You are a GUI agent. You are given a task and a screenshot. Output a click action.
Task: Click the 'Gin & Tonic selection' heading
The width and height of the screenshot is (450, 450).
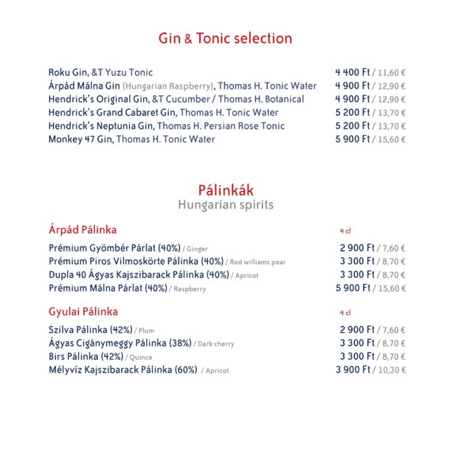[225, 38]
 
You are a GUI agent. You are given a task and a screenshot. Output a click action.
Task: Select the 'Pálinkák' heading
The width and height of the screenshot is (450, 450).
[225, 190]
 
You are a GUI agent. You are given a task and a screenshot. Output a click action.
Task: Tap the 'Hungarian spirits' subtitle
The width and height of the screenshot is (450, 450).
[225, 206]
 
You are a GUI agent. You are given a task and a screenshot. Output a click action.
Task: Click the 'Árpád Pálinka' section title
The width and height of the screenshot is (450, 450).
[83, 230]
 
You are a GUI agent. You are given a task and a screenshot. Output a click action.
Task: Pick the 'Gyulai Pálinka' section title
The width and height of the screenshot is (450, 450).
[83, 312]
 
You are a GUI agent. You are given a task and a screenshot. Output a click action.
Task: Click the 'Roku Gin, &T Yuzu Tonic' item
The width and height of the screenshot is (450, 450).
[101, 72]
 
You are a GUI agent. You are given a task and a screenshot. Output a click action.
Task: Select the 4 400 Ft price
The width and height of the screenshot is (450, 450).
[353, 72]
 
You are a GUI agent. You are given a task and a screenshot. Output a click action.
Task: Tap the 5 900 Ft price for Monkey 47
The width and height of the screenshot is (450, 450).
[353, 139]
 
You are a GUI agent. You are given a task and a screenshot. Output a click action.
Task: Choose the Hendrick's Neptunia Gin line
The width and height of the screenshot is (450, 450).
[166, 125]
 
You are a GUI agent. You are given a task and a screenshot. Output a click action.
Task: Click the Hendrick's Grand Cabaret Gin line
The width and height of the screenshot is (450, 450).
[163, 112]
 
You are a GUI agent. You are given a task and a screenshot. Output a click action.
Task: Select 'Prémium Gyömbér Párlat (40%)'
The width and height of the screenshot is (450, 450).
[114, 249]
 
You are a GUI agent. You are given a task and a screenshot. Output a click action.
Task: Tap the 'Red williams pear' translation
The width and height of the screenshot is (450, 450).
[257, 263]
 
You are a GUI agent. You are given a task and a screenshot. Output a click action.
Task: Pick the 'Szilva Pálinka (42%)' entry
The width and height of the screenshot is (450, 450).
[91, 330]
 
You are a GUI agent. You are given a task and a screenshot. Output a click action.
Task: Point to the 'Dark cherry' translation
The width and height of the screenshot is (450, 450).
[216, 344]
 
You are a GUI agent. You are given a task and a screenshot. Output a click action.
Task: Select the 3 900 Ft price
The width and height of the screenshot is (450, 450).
[353, 370]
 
